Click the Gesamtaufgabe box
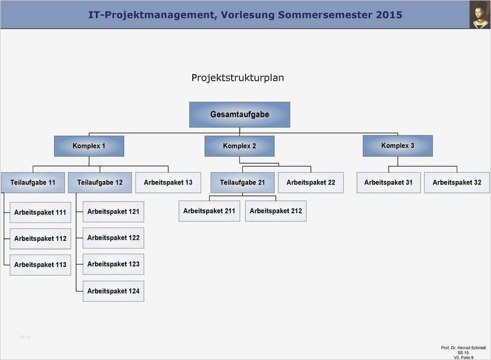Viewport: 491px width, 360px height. coord(239,115)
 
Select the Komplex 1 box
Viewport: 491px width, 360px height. coord(89,146)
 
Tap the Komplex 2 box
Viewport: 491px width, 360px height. coord(239,146)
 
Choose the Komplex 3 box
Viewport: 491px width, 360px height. coord(397,146)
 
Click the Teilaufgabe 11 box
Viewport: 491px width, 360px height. coord(33,183)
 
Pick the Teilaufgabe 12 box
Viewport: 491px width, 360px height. coord(100,183)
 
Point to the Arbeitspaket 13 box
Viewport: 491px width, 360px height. coord(168,183)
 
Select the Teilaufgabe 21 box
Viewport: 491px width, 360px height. coord(242,183)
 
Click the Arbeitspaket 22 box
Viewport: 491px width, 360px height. coord(310,183)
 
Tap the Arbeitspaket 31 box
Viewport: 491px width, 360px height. coord(388,183)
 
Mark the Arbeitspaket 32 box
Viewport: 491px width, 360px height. coord(457,183)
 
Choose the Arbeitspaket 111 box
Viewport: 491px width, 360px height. coord(40,212)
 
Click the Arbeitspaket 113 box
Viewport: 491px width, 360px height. coord(40,265)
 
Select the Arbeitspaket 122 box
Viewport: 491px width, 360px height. coord(113,238)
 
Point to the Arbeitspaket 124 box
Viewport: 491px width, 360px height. coord(113,291)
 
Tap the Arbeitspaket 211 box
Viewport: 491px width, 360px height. coord(209,211)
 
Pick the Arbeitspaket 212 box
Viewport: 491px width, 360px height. coord(276,211)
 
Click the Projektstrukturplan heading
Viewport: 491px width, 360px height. coord(238,78)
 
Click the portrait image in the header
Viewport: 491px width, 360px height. coord(480,14)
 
